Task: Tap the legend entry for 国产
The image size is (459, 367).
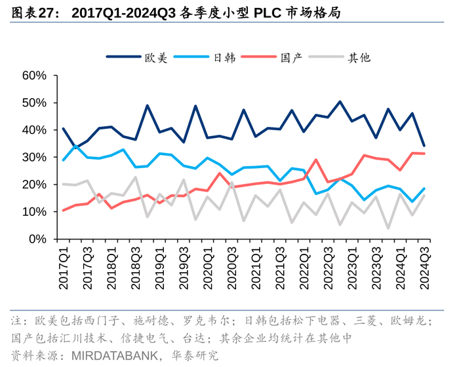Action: [x=291, y=58]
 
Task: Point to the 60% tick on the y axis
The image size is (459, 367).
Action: [x=34, y=76]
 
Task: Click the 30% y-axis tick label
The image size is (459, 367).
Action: [x=34, y=158]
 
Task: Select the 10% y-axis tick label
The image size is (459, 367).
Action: [x=34, y=212]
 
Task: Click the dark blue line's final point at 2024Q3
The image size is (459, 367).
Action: [x=424, y=145]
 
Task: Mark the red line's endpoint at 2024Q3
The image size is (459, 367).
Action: [x=424, y=154]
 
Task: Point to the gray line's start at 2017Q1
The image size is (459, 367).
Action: [x=63, y=184]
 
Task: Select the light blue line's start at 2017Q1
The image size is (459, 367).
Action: [x=63, y=160]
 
